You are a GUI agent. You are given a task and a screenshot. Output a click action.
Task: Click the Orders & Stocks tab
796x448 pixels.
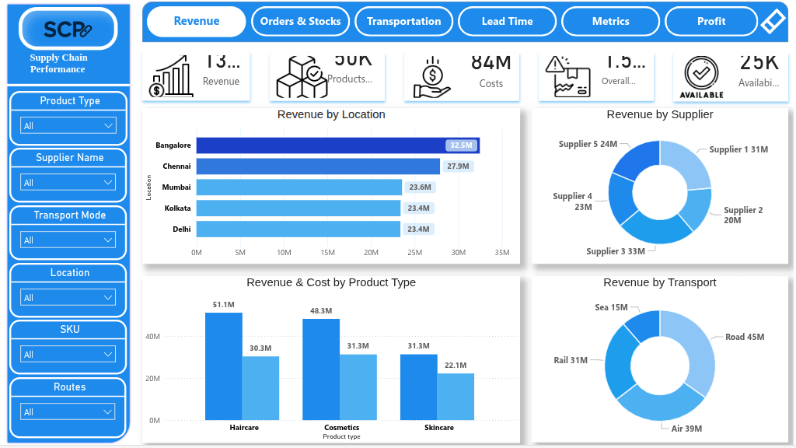(x=300, y=21)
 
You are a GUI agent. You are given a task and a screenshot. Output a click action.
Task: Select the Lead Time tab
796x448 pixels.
(x=507, y=21)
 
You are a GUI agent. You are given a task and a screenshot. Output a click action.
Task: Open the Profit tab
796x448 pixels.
(x=710, y=21)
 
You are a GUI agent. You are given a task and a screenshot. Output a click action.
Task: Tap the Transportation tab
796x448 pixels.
(x=403, y=21)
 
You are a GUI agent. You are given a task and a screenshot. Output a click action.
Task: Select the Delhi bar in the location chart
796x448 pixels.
(x=298, y=229)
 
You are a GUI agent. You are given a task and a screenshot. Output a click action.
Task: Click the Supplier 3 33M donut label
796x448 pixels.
(x=616, y=251)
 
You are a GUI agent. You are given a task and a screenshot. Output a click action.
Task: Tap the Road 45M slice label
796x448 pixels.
(x=745, y=337)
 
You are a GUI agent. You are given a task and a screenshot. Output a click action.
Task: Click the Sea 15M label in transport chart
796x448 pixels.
(x=611, y=307)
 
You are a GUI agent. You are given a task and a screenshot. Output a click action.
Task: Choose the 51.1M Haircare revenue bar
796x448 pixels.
(x=224, y=366)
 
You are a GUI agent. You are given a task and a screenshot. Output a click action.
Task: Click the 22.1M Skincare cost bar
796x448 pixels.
(x=456, y=396)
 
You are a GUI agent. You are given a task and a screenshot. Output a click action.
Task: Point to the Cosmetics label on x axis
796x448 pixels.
(x=342, y=428)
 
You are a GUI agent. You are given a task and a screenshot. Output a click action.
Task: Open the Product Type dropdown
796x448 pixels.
(x=68, y=125)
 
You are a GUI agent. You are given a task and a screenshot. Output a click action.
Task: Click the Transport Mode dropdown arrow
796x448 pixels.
(x=108, y=240)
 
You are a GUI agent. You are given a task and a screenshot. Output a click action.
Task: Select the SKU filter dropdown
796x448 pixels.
(x=68, y=354)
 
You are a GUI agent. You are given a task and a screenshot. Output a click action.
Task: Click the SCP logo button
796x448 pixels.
(x=68, y=30)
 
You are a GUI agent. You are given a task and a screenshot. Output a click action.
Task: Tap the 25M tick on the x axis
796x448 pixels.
(x=415, y=252)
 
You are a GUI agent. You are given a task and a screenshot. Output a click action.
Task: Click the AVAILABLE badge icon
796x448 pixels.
(x=701, y=77)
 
